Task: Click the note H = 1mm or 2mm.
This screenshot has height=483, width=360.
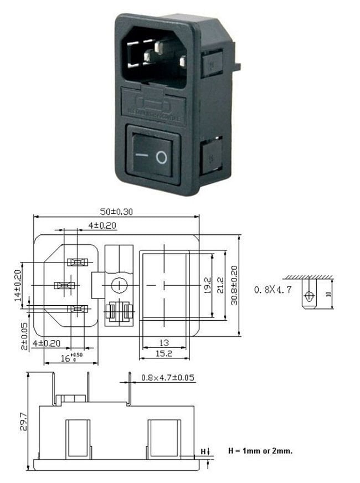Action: point(260,451)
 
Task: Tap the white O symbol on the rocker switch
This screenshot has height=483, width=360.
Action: point(161,158)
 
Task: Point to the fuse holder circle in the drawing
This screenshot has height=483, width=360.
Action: point(117,285)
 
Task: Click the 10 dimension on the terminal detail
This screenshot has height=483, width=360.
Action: point(328,294)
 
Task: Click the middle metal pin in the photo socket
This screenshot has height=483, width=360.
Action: point(150,56)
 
